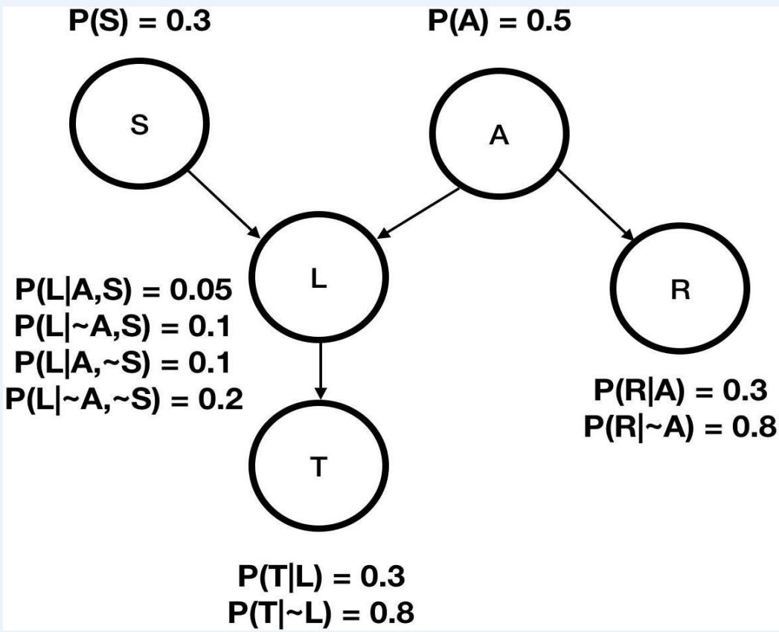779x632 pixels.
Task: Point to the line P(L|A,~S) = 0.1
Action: pos(124,363)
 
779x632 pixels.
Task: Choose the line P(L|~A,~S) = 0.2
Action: pos(124,399)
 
